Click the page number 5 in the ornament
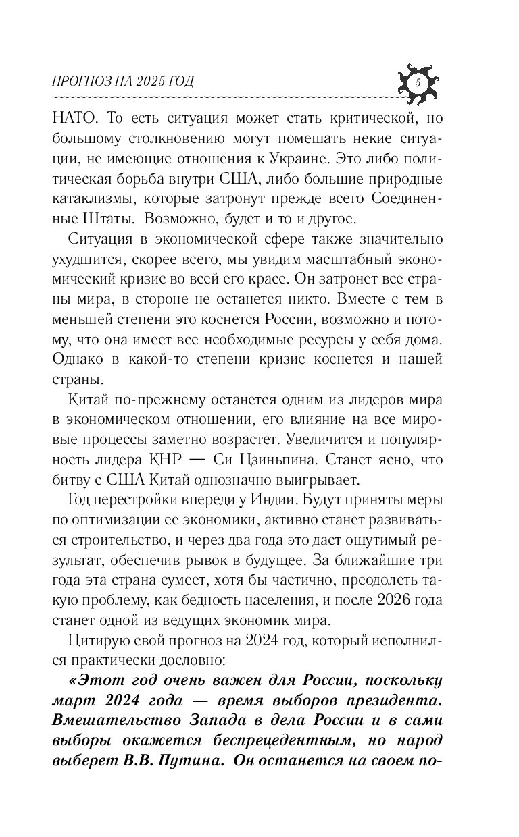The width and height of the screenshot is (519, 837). (x=417, y=84)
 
